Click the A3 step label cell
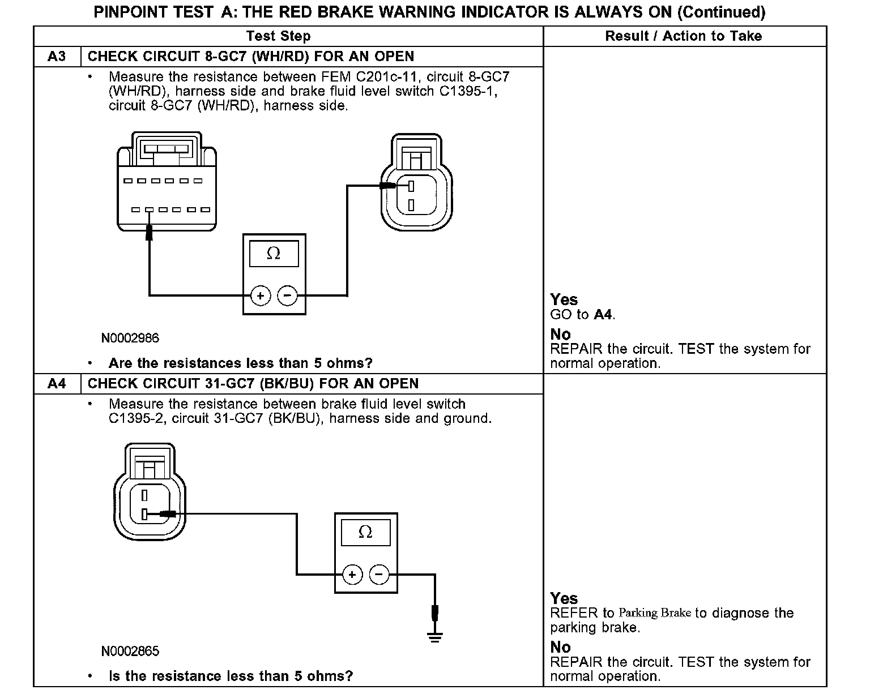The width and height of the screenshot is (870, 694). click(57, 57)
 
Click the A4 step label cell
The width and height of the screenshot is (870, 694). click(57, 384)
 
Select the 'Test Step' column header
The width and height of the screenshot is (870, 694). click(278, 36)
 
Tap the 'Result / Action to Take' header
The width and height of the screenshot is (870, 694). click(684, 36)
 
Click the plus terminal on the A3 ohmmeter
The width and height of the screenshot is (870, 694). click(261, 295)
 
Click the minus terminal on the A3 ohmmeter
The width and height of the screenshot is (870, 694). click(287, 295)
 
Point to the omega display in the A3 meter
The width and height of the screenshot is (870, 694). click(274, 254)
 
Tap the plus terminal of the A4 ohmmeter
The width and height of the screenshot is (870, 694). click(352, 575)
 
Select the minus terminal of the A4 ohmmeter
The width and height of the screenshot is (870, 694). click(379, 575)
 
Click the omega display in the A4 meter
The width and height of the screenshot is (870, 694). click(365, 533)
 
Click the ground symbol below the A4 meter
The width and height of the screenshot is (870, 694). click(435, 637)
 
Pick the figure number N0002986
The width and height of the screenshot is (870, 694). click(130, 339)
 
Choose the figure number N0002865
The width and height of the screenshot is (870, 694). click(130, 652)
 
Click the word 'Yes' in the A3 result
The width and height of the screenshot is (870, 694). click(564, 300)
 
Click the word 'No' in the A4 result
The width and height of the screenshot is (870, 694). click(561, 647)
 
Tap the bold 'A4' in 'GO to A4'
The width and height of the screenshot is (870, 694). click(603, 315)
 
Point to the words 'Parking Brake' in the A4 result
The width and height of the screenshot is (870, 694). click(655, 613)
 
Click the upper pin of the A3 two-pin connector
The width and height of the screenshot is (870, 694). click(411, 186)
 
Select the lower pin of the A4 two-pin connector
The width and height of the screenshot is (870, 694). click(144, 514)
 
